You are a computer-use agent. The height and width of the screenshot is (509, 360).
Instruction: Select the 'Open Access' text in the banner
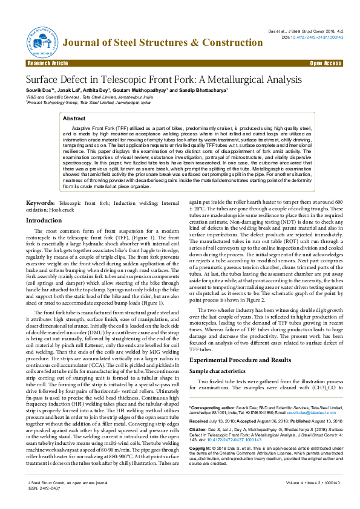pos(326,63)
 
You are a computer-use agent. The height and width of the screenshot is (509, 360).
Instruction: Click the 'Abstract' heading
pos(74,119)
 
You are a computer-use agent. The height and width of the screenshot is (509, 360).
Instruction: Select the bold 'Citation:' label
pos(200,433)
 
